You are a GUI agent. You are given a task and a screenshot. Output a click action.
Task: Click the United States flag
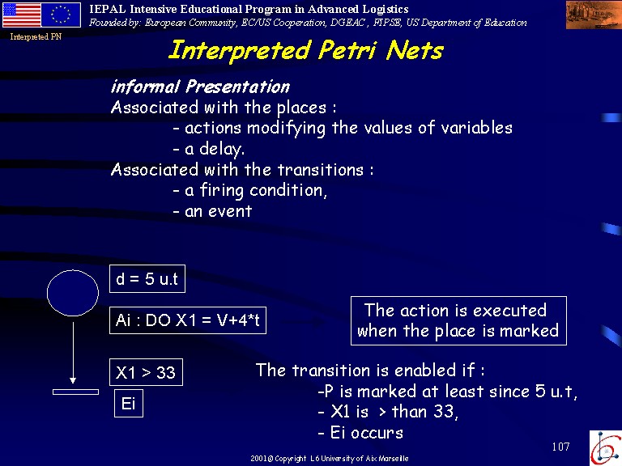[x=22, y=15]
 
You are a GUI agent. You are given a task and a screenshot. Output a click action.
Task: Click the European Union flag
[x=61, y=15]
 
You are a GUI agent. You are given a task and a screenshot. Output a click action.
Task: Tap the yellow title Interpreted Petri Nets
[x=306, y=51]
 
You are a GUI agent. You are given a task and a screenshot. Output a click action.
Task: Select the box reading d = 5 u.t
[x=147, y=278]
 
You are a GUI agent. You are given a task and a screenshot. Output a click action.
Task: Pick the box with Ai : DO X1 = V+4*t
[x=188, y=320]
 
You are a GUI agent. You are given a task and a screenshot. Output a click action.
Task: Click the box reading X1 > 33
[x=146, y=372]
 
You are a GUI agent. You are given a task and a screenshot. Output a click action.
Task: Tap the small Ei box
[x=129, y=404]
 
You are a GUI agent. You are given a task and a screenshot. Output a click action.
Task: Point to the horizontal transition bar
[x=76, y=392]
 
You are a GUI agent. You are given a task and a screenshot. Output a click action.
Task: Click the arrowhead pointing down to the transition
[x=73, y=381]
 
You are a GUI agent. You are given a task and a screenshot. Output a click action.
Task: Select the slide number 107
[x=560, y=447]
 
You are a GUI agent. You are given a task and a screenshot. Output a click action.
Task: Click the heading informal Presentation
[x=200, y=87]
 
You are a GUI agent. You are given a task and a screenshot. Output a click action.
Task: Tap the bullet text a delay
[x=209, y=149]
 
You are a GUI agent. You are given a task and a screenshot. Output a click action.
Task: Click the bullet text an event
[x=213, y=211]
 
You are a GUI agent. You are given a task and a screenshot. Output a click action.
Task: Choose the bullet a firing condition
[x=250, y=190]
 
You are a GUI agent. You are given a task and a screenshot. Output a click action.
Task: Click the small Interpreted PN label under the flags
[x=36, y=37]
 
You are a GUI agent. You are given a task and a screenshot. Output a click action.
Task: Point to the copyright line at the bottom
[x=330, y=459]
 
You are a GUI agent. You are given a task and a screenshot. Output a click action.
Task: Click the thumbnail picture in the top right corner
[x=594, y=15]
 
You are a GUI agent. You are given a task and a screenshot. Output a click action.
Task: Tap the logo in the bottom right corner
[x=606, y=448]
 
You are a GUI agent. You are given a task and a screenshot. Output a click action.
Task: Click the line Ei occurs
[x=360, y=432]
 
